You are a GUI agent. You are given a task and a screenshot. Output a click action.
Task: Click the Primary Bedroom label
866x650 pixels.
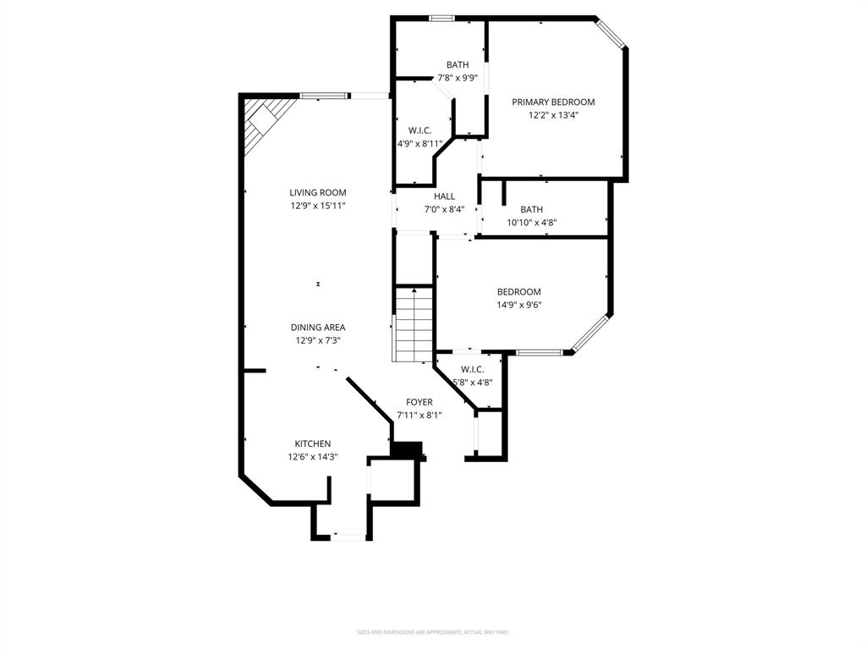point(553,102)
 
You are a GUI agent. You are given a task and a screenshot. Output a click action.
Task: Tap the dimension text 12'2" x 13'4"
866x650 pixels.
point(553,115)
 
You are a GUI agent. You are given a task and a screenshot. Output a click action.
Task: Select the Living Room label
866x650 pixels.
point(318,193)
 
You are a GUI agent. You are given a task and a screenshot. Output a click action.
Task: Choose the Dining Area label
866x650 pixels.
point(318,328)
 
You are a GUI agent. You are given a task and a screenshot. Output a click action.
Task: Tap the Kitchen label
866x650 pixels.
point(312,443)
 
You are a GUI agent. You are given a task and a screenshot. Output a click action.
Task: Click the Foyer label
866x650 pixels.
point(419,402)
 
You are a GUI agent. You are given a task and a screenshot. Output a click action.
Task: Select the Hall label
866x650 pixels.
point(444,196)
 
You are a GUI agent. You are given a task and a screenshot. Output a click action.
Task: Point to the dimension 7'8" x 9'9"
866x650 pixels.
point(458,78)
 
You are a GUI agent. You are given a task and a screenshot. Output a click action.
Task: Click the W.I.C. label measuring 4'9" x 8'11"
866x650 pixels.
point(419,130)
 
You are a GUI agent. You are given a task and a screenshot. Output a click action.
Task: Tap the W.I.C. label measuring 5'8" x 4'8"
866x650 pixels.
point(472,370)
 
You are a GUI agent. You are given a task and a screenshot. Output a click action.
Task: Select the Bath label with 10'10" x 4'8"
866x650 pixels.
point(532,210)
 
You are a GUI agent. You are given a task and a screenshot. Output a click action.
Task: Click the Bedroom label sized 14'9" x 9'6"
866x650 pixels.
point(518,292)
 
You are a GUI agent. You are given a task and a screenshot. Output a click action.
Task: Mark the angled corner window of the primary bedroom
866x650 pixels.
point(611,33)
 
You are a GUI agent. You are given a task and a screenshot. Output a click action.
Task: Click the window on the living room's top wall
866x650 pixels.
point(323,96)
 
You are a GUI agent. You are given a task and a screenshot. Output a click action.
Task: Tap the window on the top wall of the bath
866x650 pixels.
point(441,18)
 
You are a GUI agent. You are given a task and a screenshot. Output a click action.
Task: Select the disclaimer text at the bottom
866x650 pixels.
point(433,632)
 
